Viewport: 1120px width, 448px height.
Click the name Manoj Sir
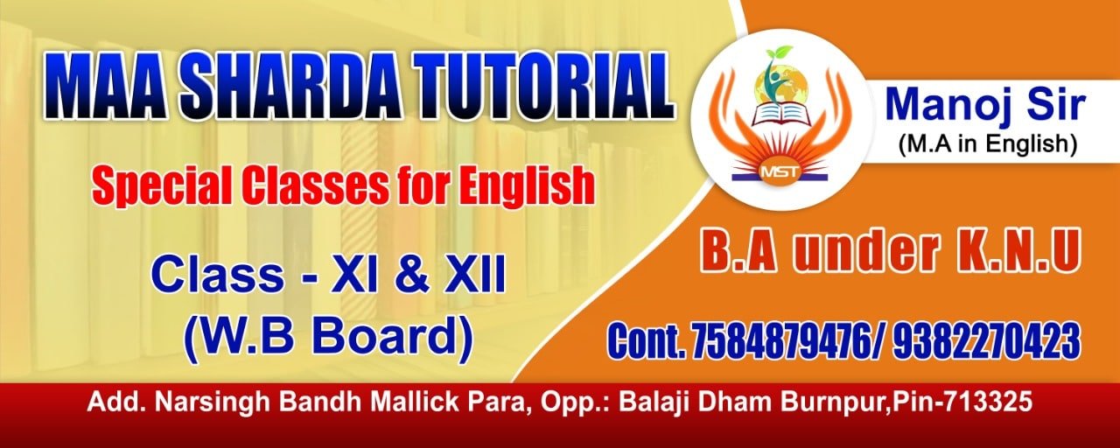[985, 106]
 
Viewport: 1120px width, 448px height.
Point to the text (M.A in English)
[987, 144]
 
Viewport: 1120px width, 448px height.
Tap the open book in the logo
[780, 114]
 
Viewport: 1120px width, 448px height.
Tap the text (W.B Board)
[328, 335]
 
